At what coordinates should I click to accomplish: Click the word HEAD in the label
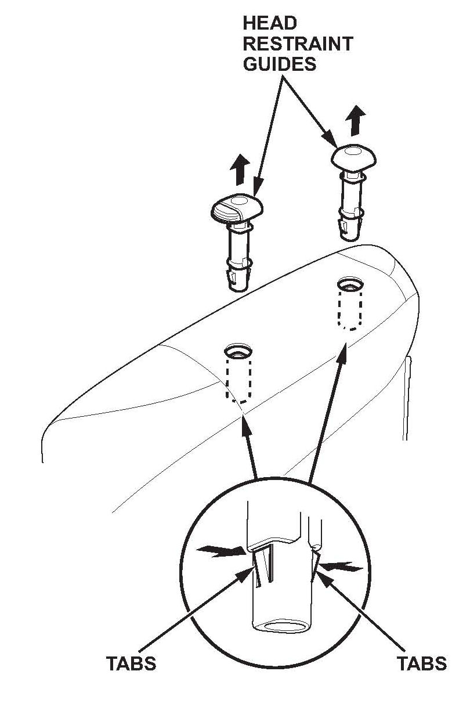click(x=270, y=23)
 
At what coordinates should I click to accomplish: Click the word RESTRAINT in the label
click(x=298, y=44)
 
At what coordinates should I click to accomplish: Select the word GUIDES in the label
click(x=279, y=63)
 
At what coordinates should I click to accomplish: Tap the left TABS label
click(x=131, y=663)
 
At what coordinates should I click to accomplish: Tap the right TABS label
click(x=422, y=663)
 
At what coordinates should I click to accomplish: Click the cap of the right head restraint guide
click(x=353, y=156)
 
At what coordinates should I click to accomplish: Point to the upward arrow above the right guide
click(x=355, y=121)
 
